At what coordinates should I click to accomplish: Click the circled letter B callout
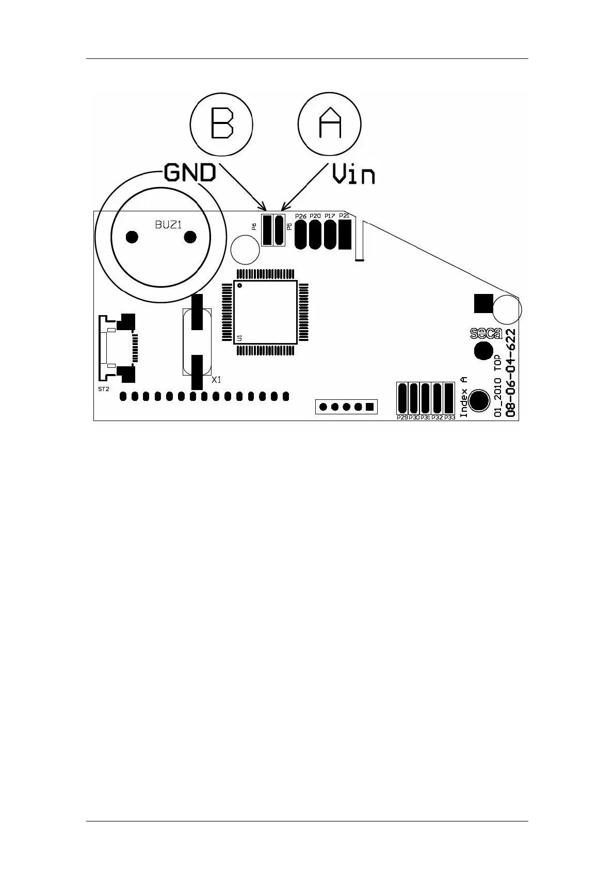pos(221,124)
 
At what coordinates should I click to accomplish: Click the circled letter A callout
pos(329,124)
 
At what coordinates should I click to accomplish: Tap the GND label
pos(190,173)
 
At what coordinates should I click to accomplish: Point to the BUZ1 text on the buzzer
pos(169,225)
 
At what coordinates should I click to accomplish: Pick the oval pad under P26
pos(301,234)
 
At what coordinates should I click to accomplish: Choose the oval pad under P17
pos(330,234)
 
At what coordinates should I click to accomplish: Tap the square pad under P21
pos(345,234)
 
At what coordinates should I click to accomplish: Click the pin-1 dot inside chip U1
pos(240,285)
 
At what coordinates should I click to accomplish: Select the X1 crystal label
pos(217,380)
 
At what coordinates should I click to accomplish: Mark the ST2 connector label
pos(104,389)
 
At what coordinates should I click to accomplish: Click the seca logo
pos(486,334)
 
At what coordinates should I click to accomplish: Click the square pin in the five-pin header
pos(369,407)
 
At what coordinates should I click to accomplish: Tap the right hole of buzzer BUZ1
pos(190,237)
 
